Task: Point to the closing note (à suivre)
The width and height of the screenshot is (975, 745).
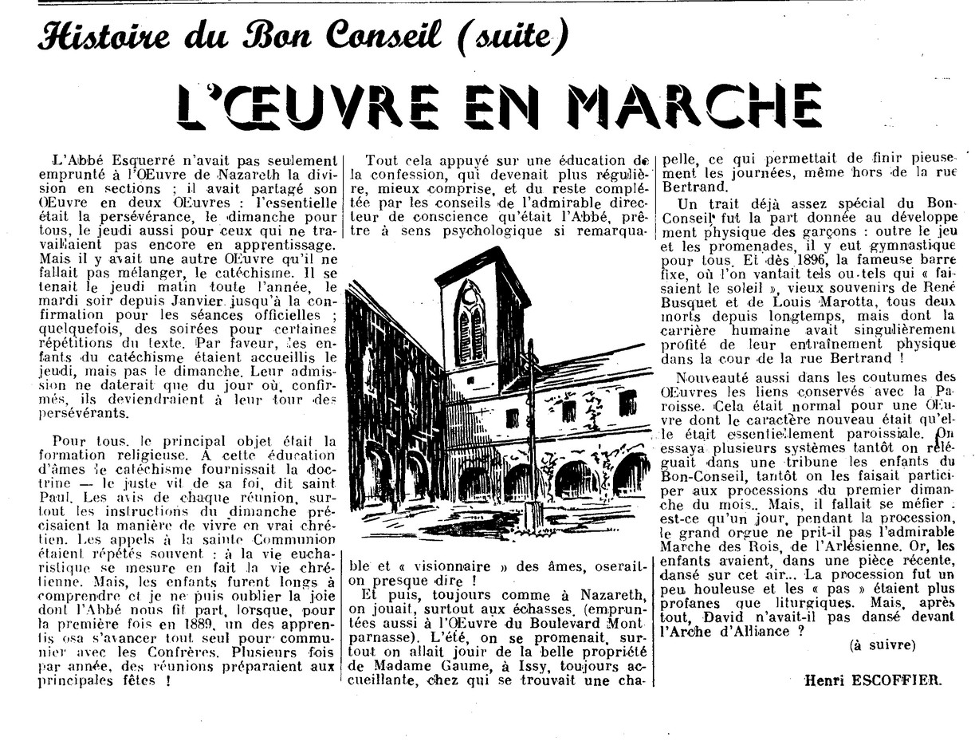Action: click(883, 644)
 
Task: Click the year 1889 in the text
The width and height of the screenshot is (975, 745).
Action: click(217, 621)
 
